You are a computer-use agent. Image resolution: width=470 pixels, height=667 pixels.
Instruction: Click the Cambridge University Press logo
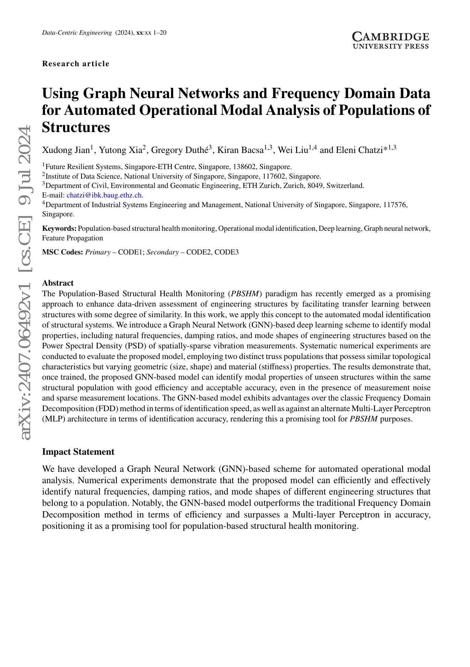(390, 40)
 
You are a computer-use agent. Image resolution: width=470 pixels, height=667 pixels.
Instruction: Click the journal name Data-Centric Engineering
(77, 33)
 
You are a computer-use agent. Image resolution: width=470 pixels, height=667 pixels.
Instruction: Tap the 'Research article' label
(76, 64)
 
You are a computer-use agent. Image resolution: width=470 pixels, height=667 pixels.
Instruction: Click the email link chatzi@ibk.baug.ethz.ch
(104, 195)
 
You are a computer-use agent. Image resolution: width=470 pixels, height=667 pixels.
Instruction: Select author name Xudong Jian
(66, 150)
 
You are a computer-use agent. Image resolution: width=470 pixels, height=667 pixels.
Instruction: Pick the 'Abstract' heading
(58, 283)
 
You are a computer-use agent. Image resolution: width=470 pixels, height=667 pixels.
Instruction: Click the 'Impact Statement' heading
(78, 452)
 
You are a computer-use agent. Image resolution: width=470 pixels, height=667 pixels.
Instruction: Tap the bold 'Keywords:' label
(59, 228)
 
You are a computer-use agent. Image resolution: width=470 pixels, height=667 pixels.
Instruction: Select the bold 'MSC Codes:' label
(62, 252)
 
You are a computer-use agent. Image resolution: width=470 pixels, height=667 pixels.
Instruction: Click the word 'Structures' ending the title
(76, 127)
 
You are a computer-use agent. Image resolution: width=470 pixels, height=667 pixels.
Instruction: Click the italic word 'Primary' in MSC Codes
(98, 252)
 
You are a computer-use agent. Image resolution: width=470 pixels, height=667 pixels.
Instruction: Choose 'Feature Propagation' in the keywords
(72, 238)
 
